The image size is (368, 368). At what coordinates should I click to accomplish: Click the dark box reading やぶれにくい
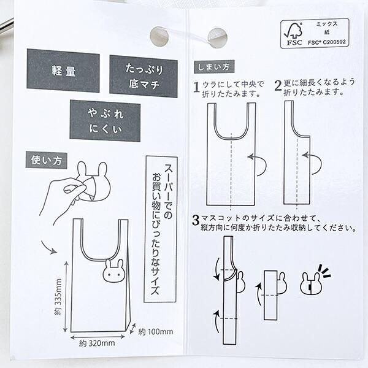pos(105,121)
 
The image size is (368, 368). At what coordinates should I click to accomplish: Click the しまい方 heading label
pos(212,66)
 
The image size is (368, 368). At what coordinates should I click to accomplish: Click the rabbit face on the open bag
pos(114,270)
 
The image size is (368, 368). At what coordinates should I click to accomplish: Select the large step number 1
pos(197,87)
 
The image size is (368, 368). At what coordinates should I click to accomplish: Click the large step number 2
pos(278,87)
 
